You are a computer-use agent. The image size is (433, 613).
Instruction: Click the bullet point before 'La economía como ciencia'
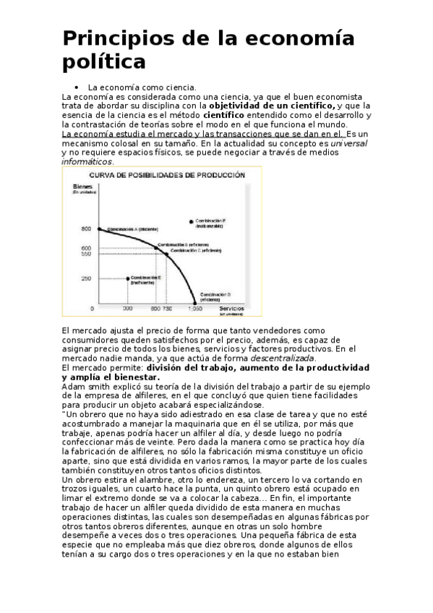(x=76, y=87)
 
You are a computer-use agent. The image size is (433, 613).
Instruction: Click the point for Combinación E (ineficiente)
(x=127, y=278)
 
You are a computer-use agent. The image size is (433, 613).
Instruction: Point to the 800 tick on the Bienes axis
(x=86, y=228)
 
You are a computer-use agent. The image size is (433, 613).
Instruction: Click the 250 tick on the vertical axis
(x=86, y=278)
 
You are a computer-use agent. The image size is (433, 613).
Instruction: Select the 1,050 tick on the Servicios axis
(x=194, y=309)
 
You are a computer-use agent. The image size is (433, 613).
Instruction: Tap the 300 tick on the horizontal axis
(x=127, y=309)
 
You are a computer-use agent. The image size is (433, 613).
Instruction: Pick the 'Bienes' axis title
(x=83, y=186)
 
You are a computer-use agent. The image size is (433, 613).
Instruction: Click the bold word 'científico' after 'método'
(x=229, y=114)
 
